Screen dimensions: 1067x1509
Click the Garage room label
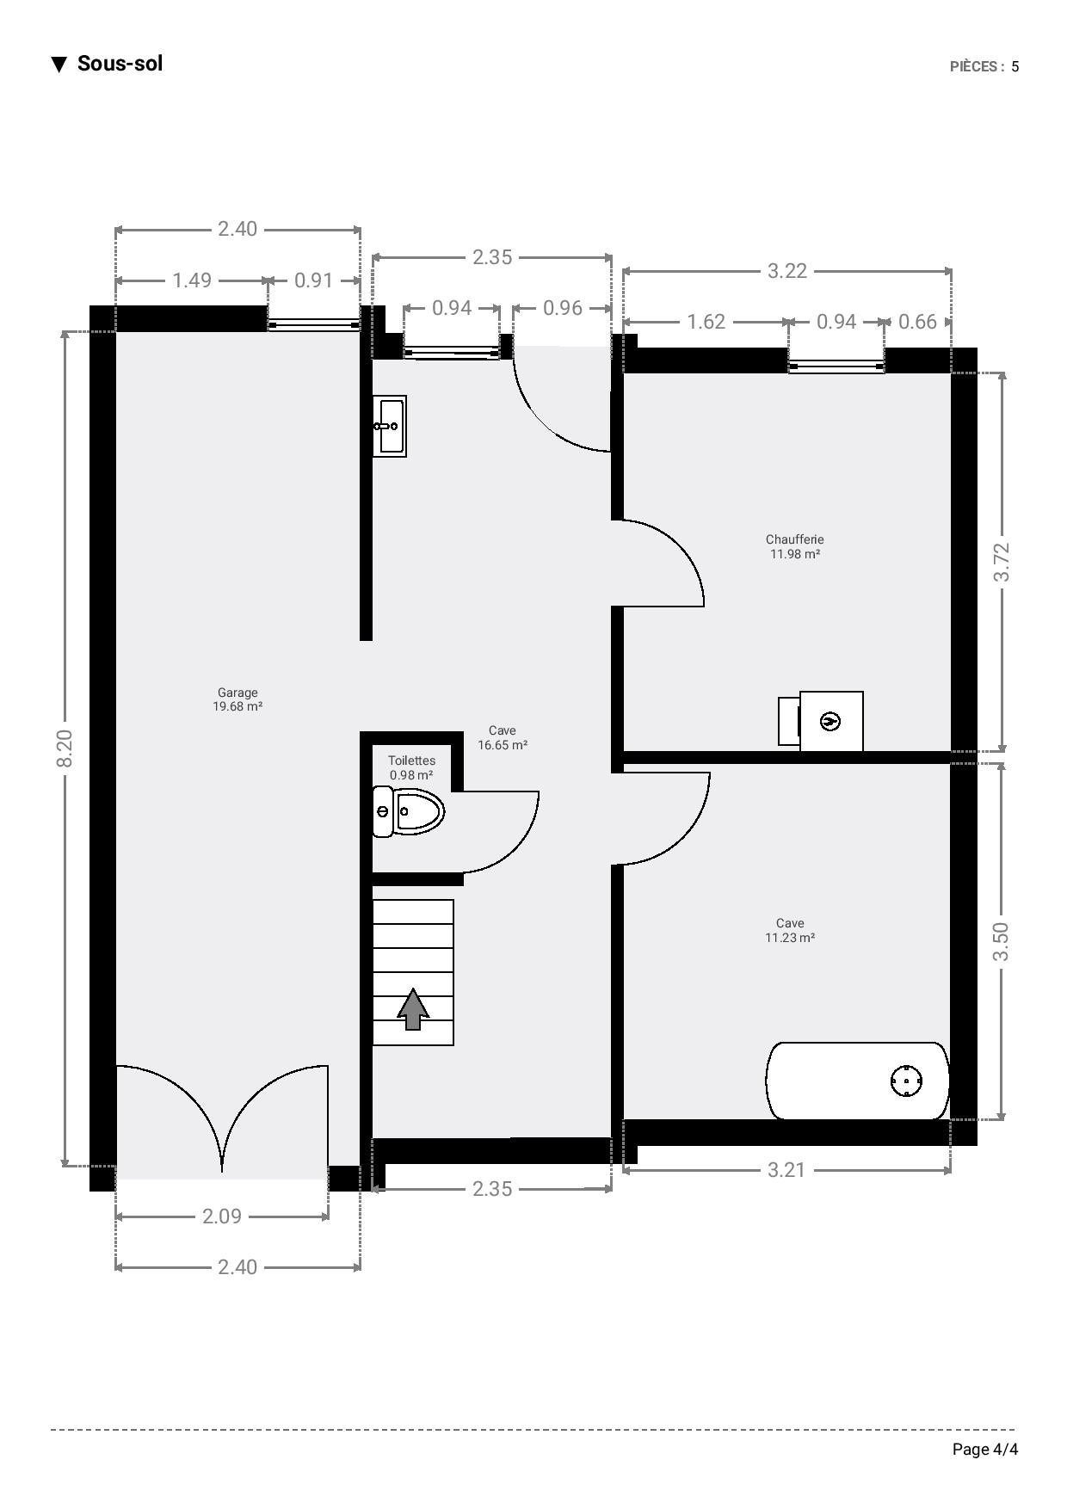[x=237, y=693]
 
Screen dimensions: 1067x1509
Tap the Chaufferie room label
[x=795, y=539]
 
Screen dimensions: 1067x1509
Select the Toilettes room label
[x=411, y=761]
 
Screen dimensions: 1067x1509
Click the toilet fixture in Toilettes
[x=408, y=810]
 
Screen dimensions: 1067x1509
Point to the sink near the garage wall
[x=389, y=426]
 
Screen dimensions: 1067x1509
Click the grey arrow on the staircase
[x=413, y=1008]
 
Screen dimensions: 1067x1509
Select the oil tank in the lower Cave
[x=857, y=1081]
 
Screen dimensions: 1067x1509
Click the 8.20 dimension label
[x=65, y=748]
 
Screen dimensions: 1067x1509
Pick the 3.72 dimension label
[x=1002, y=562]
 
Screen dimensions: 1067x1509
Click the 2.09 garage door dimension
[x=222, y=1216]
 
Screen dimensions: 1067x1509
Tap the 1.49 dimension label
[x=192, y=280]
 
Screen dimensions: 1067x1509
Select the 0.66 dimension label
[x=917, y=322]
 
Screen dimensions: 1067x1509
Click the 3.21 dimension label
[x=786, y=1170]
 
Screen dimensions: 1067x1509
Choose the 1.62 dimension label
[x=706, y=322]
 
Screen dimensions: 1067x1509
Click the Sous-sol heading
[x=120, y=64]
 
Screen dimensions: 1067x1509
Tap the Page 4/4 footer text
[x=985, y=1450]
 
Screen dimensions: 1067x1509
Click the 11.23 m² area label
[x=790, y=938]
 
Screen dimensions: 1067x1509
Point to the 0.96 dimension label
[x=563, y=308]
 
